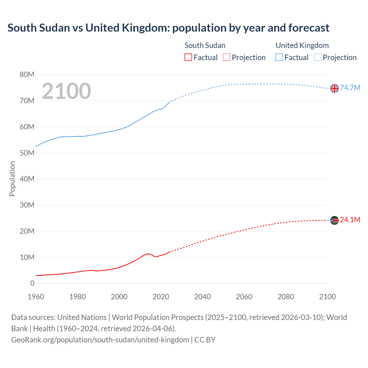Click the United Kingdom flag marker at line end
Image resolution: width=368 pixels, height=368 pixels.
tap(334, 88)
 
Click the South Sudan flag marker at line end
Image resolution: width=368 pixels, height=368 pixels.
tap(334, 221)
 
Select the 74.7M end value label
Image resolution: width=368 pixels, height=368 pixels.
tap(350, 88)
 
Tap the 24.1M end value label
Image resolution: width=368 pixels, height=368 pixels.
tap(350, 220)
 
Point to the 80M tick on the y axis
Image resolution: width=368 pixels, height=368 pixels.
tap(27, 75)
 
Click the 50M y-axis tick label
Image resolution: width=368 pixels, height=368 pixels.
tap(27, 153)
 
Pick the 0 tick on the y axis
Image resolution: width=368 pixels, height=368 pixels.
tap(32, 283)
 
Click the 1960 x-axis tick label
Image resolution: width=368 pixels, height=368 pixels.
tap(36, 297)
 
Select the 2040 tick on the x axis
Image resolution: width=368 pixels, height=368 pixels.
tap(202, 297)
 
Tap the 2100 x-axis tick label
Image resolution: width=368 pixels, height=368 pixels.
tap(327, 297)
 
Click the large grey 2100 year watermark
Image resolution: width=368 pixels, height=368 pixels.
tap(66, 91)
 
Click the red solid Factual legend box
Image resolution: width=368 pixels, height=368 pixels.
tap(188, 57)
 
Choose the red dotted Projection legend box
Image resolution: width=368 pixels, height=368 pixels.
tap(227, 57)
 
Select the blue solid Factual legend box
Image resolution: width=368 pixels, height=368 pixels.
tap(279, 57)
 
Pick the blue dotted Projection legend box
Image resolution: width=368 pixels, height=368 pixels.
tap(318, 57)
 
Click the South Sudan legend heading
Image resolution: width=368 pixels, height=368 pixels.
tap(205, 45)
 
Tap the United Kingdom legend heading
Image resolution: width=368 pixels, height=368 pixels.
tap(302, 45)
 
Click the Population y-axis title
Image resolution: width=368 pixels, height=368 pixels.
tap(12, 179)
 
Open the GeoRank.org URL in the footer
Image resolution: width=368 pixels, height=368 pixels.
tap(100, 340)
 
